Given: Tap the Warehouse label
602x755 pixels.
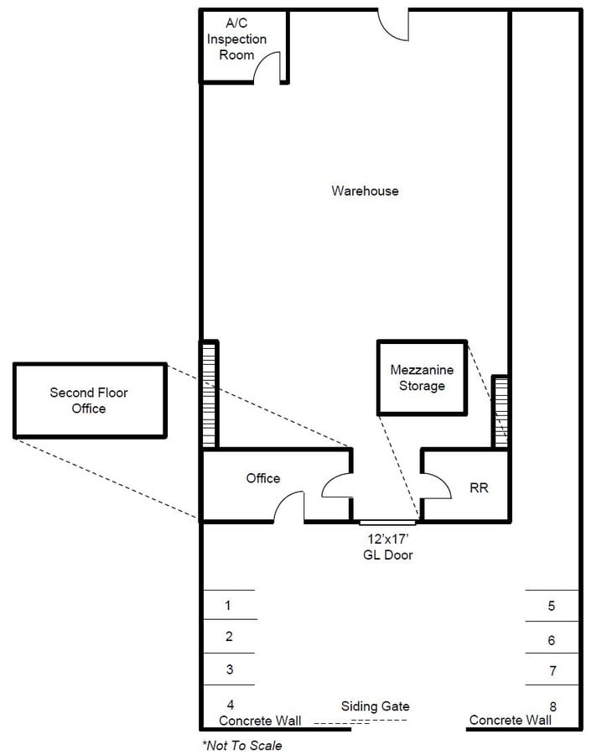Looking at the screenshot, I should click(x=365, y=191).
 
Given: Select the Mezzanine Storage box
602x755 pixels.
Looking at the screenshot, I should click(x=422, y=377).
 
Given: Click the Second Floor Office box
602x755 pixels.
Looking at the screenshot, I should click(x=89, y=400).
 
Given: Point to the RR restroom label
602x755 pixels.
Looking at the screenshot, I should click(x=479, y=487).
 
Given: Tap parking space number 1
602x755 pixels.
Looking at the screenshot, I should click(x=228, y=605).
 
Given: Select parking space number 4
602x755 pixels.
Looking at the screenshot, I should click(x=230, y=704).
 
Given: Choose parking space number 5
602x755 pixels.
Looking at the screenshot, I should click(x=551, y=606).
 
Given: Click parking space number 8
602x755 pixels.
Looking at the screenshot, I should click(x=552, y=706).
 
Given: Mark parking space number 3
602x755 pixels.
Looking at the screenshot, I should click(x=229, y=669).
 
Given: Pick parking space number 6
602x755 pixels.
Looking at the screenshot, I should click(x=551, y=640).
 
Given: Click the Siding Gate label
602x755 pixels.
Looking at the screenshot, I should click(x=375, y=706).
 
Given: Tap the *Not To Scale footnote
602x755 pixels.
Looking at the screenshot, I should click(x=241, y=745).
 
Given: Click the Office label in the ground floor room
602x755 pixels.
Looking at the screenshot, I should click(x=262, y=478).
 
